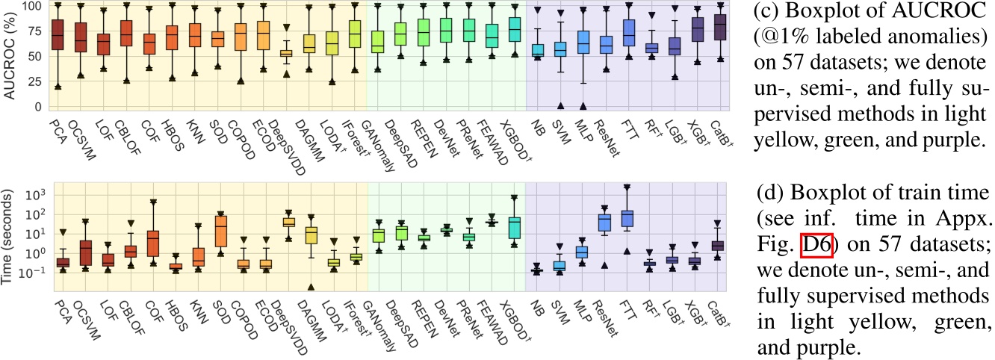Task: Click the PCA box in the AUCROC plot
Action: click(58, 35)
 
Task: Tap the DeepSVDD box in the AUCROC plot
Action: click(285, 53)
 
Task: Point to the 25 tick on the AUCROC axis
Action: click(34, 81)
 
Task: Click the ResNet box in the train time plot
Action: click(604, 222)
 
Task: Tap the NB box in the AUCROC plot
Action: click(538, 50)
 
